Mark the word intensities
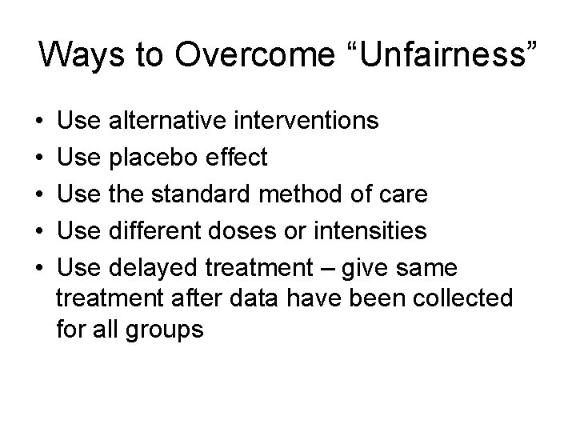[371, 231]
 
